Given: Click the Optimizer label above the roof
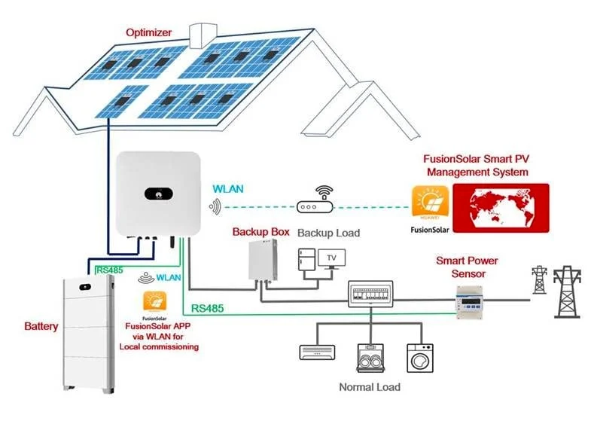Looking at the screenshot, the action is [148, 32].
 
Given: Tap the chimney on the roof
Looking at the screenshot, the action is [203, 36].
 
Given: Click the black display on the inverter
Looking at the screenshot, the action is [159, 194].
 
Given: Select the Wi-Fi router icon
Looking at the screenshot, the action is [315, 200].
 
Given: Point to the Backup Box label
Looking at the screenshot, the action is [260, 232].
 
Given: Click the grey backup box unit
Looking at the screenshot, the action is [263, 261].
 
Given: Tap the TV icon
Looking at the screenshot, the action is [332, 259].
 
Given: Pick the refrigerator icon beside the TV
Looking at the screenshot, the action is [307, 259].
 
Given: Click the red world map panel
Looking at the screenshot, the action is [501, 208].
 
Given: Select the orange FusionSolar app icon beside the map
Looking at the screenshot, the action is [431, 202].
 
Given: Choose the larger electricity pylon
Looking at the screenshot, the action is [567, 292].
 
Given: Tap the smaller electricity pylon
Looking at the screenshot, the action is [539, 280].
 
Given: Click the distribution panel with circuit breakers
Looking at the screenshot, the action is [370, 294].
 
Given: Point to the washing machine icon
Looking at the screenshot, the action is [420, 358].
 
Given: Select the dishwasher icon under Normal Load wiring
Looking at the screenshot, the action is [370, 358].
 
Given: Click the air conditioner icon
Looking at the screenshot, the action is [318, 352].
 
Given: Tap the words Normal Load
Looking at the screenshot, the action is [370, 387].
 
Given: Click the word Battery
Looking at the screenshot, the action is [41, 326].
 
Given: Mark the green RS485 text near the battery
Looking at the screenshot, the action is [110, 270].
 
